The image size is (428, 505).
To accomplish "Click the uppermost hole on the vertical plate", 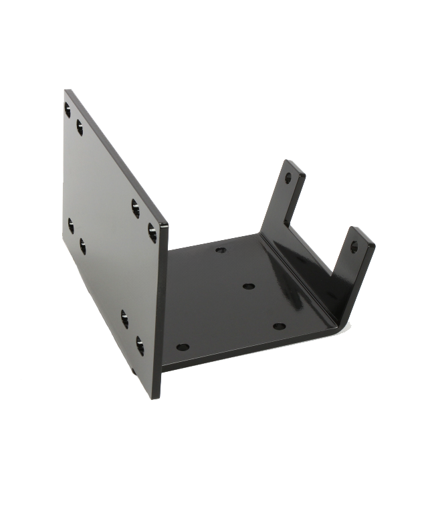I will click(68, 109).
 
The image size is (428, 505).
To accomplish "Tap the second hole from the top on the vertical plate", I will click(80, 126).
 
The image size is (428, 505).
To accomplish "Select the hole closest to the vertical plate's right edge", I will click(152, 232).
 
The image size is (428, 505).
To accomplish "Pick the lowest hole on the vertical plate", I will click(140, 345).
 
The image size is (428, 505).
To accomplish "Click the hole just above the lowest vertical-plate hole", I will click(125, 318).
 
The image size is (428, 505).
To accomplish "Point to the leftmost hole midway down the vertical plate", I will click(71, 225).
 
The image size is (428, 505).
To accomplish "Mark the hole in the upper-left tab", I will click(288, 179).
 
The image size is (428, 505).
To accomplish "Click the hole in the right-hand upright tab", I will click(354, 247).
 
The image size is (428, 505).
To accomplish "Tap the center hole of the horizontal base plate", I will click(249, 286).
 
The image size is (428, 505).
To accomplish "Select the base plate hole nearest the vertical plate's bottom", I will click(183, 347).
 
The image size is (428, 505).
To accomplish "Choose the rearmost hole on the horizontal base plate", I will click(221, 250).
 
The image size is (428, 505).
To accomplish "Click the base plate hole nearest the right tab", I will click(280, 326).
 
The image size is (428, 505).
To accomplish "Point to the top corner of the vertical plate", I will click(67, 92).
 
